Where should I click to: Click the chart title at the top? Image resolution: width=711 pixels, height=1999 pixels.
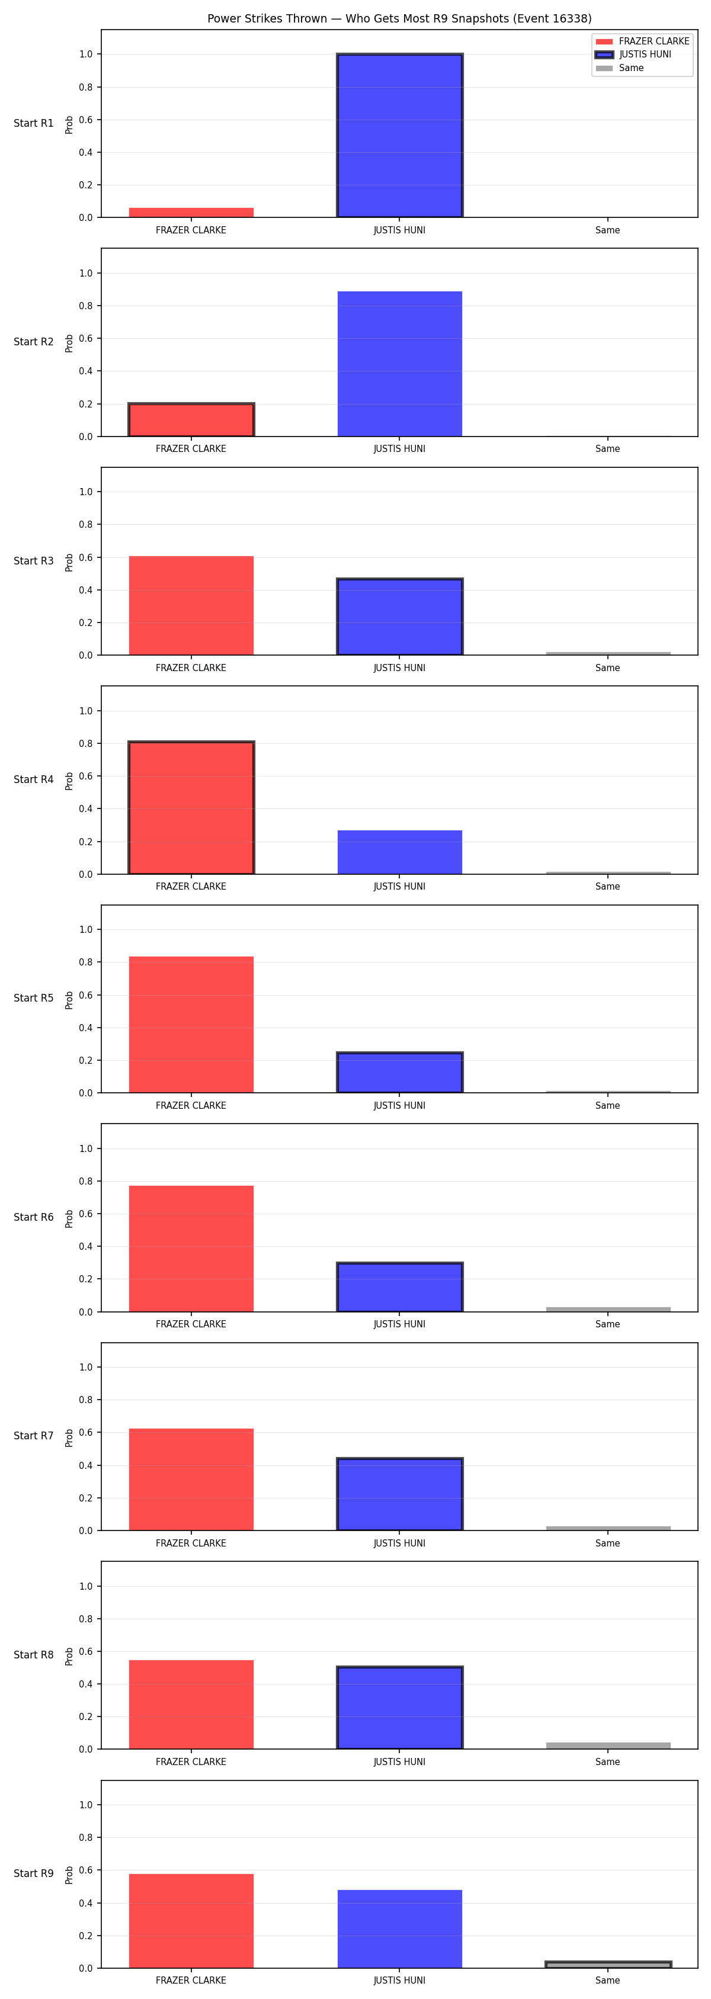tap(399, 18)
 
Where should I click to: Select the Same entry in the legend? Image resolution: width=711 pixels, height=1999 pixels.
tap(619, 68)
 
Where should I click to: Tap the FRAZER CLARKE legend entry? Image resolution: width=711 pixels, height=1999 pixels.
tap(642, 41)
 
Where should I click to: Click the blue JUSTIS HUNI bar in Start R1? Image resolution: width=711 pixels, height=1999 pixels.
tap(400, 135)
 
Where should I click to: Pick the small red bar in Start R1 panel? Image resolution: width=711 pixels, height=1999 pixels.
tap(191, 213)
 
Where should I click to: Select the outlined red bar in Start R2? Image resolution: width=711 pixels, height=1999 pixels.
tap(191, 420)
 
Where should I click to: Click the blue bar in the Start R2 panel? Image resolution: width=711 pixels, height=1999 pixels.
tap(400, 364)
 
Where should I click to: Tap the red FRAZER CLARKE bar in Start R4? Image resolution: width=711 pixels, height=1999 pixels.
tap(191, 808)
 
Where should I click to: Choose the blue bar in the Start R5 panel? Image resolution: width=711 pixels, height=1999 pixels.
tap(400, 1073)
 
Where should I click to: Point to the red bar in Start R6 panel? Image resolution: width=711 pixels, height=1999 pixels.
tap(191, 1249)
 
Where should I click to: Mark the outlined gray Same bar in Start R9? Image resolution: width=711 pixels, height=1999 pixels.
tap(608, 1965)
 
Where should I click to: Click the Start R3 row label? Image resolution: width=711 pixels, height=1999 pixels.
tap(33, 561)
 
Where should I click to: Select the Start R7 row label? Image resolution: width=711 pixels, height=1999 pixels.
tap(33, 1436)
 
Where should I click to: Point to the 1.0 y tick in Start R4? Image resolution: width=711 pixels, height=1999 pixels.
tap(85, 711)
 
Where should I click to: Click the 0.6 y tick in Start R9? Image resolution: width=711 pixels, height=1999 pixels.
tap(85, 1870)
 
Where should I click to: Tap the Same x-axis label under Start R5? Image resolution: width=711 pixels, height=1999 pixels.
tap(608, 1106)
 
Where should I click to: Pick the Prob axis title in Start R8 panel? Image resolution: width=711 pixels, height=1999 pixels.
tap(69, 1657)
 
